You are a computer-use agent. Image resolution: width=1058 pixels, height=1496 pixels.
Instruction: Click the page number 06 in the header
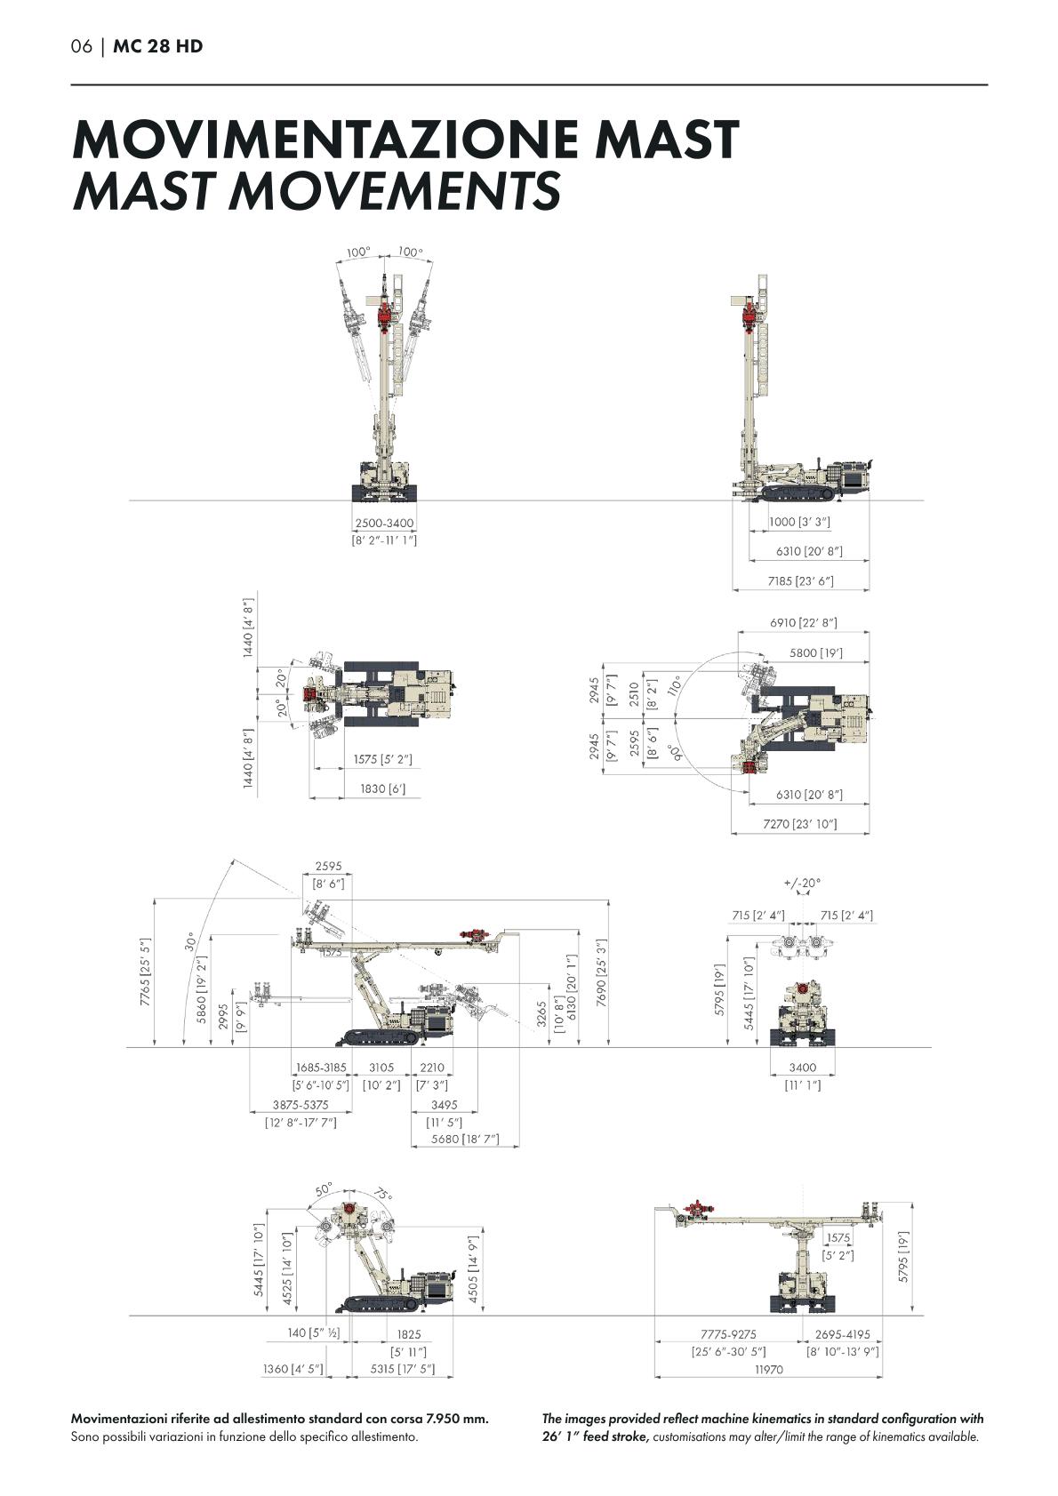coord(82,46)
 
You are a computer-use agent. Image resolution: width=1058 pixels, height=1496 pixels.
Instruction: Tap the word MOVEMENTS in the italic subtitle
coord(397,189)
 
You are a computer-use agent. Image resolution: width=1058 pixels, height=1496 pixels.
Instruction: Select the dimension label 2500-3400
coord(384,523)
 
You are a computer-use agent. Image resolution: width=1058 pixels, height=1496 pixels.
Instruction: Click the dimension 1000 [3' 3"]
coord(799,522)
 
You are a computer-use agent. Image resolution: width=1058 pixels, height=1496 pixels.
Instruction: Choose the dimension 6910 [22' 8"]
coord(803,622)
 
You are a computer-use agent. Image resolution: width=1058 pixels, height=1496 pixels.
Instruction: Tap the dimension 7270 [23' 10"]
coord(799,824)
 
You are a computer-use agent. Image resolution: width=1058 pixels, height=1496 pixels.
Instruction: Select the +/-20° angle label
coord(802,883)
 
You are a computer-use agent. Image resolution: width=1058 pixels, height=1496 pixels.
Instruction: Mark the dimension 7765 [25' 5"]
coord(145,972)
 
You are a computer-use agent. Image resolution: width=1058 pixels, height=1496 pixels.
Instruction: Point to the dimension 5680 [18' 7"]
coord(464,1139)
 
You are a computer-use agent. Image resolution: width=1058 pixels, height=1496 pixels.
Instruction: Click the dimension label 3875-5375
coord(301,1104)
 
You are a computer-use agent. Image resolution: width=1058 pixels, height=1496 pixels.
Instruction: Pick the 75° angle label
coord(383,1194)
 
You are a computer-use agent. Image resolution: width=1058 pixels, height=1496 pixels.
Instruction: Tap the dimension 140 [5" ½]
coord(313,1333)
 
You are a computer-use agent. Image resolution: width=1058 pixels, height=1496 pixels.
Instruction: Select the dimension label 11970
coord(769,1370)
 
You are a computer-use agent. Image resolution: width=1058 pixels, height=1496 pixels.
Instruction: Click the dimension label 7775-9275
coord(728,1334)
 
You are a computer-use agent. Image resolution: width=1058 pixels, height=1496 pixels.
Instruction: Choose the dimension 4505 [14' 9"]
coord(473,1267)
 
